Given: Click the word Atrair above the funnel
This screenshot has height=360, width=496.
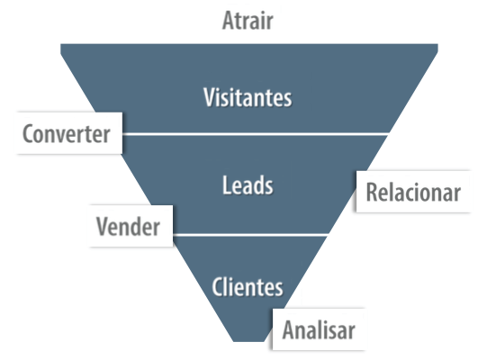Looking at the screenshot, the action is [248, 21].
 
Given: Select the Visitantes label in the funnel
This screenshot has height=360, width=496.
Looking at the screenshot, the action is [248, 97].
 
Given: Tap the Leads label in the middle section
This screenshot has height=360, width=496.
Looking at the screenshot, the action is [248, 185].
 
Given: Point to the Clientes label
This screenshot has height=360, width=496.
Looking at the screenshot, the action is [248, 287].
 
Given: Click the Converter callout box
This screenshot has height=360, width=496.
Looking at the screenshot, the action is [69, 133].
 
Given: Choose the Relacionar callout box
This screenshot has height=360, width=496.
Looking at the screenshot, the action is [413, 192].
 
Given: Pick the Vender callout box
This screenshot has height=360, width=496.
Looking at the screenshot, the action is [131, 226].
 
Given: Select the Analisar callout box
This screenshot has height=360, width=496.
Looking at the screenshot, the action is [319, 329].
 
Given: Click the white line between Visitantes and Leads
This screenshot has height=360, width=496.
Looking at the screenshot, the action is [256, 134].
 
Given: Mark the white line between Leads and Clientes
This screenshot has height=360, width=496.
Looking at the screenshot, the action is [250, 235].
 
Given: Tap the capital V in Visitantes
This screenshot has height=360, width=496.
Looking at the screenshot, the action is [210, 97].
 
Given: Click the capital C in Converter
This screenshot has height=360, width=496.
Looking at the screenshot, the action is [28, 133].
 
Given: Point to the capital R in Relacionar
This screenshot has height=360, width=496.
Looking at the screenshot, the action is [372, 192].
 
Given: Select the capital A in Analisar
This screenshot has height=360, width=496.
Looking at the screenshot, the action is [289, 329].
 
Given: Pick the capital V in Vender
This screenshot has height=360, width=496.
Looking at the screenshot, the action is [103, 226].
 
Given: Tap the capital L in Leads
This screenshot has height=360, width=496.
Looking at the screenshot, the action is [226, 185].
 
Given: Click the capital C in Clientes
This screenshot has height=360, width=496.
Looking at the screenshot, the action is [217, 287].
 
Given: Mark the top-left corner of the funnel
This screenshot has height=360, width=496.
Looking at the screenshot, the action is [60, 44].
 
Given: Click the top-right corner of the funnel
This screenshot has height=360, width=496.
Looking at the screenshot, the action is [437, 44].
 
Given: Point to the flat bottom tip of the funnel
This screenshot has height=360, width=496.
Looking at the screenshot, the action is [248, 341].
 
